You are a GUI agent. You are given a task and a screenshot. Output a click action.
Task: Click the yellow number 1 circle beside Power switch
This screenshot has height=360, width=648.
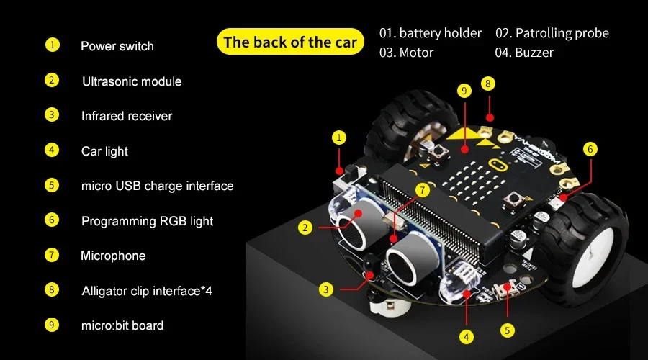(x=52, y=45)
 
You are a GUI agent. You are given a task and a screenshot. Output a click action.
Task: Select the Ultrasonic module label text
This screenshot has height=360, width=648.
(x=132, y=81)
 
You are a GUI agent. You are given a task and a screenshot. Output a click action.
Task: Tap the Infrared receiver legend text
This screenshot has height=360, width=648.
(x=127, y=116)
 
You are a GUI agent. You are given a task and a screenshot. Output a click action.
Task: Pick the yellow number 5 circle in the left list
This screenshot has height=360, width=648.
(x=52, y=185)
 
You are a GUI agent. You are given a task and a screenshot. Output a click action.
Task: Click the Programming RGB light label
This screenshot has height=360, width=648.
(x=147, y=221)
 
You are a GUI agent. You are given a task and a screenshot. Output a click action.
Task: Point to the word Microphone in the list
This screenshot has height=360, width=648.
(x=113, y=256)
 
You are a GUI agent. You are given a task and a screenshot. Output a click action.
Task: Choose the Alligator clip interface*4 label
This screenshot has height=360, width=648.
(x=147, y=291)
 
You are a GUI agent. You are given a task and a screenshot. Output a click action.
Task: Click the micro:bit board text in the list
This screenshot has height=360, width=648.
(x=122, y=325)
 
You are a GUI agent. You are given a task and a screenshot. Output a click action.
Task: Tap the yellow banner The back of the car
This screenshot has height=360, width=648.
(x=289, y=42)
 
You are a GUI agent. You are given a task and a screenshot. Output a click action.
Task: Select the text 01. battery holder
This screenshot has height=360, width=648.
(x=431, y=33)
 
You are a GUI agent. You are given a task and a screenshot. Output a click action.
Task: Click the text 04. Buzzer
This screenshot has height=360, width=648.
(x=524, y=53)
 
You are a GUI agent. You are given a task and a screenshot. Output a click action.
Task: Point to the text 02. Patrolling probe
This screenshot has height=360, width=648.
(x=552, y=33)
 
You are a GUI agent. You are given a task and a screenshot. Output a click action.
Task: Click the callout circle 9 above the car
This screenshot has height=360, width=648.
(x=464, y=91)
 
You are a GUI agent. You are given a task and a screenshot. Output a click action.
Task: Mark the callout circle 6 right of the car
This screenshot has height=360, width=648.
(x=590, y=149)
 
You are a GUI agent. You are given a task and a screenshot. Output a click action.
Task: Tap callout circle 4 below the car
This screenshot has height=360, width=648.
(x=467, y=336)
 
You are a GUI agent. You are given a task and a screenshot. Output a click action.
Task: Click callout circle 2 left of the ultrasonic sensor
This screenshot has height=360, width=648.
(x=306, y=228)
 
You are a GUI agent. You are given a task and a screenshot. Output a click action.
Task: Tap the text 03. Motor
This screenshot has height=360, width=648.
(x=407, y=53)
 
